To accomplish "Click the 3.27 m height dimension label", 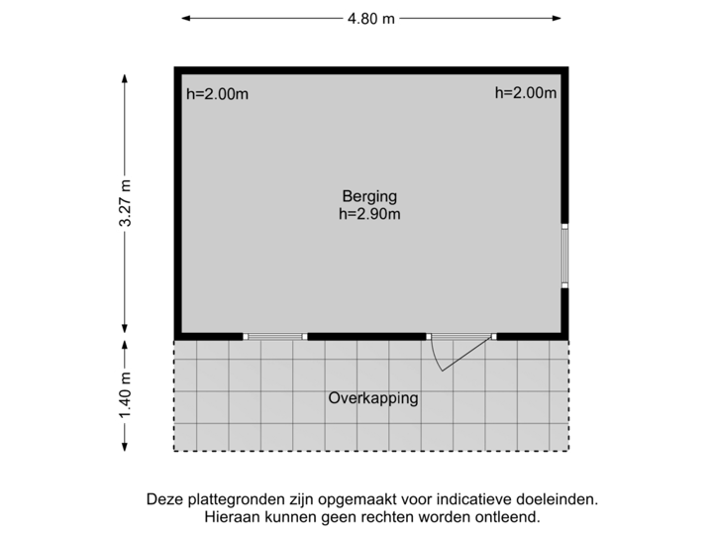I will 125,203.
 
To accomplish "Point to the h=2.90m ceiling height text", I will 371,212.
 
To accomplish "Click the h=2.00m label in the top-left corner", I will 218,94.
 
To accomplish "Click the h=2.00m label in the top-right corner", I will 525,93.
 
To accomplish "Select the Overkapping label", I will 372,399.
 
